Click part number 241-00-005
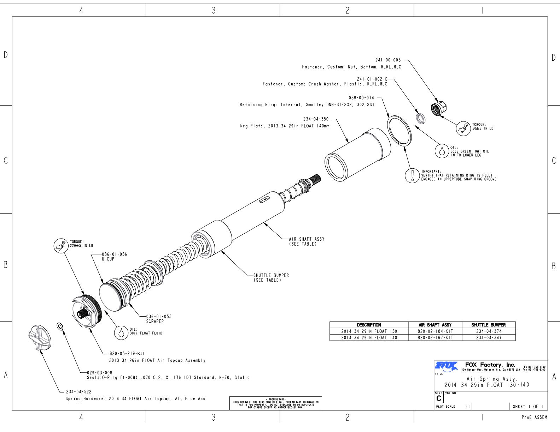tap(388, 60)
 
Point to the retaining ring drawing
tap(399, 130)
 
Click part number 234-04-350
tap(316, 119)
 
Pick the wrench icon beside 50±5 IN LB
tap(463, 128)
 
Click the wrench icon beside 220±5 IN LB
tap(60, 246)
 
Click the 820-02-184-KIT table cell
tap(435, 331)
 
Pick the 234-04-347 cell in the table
tap(489, 338)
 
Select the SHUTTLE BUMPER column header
tap(489, 325)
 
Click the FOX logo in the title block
tap(446, 366)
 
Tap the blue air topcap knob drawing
tap(40, 338)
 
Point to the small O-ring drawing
tap(60, 326)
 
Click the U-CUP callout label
tap(108, 259)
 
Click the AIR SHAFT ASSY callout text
tap(307, 239)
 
